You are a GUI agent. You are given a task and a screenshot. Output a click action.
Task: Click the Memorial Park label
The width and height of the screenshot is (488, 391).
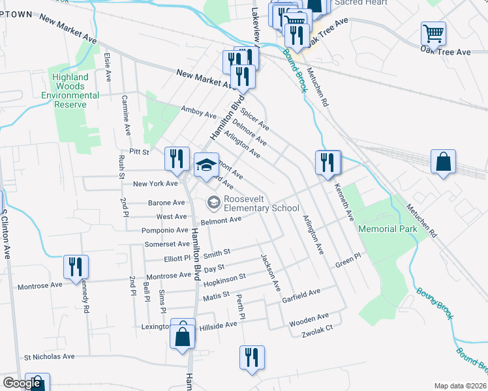pyautogui.click(x=388, y=229)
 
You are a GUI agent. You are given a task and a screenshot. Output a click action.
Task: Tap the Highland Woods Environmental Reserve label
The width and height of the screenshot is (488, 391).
pyautogui.click(x=70, y=91)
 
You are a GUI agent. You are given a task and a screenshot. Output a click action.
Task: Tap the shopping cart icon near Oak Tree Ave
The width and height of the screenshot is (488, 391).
pyautogui.click(x=433, y=33)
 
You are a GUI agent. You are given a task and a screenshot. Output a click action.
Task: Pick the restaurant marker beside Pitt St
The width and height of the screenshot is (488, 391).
pyautogui.click(x=176, y=158)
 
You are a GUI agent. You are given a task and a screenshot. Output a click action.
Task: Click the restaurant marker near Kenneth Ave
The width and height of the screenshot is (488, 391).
pyautogui.click(x=327, y=162)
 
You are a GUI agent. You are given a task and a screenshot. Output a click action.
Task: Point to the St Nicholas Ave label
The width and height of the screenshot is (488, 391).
pyautogui.click(x=50, y=357)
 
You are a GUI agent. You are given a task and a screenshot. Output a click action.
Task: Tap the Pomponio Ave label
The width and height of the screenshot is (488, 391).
pyautogui.click(x=163, y=231)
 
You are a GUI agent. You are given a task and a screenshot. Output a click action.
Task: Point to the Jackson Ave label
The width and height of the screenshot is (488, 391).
pyautogui.click(x=270, y=272)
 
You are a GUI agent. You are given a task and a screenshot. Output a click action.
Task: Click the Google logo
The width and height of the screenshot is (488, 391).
pyautogui.click(x=22, y=383)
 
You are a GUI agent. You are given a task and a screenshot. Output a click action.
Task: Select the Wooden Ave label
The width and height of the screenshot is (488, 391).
pyautogui.click(x=309, y=319)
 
